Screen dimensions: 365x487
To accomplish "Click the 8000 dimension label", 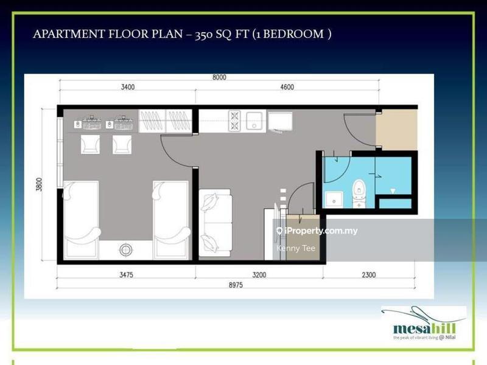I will (x=219, y=77).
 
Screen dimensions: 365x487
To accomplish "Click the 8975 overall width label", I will (x=238, y=285).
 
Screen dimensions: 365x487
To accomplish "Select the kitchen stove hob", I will (x=235, y=120).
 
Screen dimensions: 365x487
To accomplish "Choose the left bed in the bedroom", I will (x=80, y=218).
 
